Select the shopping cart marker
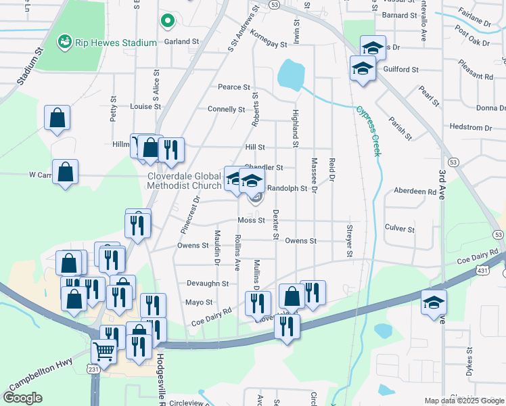(x=104, y=351)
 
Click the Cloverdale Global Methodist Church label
(x=185, y=180)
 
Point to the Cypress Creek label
(x=368, y=131)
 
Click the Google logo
(x=23, y=398)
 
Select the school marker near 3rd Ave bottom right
(x=434, y=302)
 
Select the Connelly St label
(x=226, y=109)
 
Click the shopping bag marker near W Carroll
(x=65, y=173)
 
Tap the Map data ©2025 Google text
(x=463, y=401)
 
